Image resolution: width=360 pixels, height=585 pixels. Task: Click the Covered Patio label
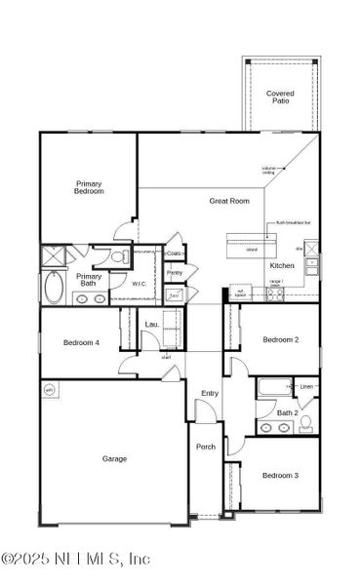(x=281, y=97)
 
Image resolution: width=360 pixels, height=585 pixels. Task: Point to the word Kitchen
(x=282, y=265)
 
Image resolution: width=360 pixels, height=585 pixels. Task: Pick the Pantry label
(x=175, y=273)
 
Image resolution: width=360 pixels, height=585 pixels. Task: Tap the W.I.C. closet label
(x=140, y=284)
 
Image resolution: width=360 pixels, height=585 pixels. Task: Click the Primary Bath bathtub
(x=55, y=289)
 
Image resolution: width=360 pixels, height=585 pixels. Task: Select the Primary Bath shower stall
(x=52, y=257)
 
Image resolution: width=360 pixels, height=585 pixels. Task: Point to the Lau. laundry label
(x=151, y=324)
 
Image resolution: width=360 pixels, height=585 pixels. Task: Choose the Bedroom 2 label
(x=280, y=339)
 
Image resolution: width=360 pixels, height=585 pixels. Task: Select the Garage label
(x=115, y=457)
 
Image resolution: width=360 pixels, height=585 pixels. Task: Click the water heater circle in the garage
(x=51, y=390)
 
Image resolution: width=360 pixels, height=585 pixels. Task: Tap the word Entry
(x=210, y=393)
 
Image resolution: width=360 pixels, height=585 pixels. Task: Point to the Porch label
(x=206, y=447)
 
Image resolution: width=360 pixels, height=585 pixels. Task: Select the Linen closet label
(x=306, y=387)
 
